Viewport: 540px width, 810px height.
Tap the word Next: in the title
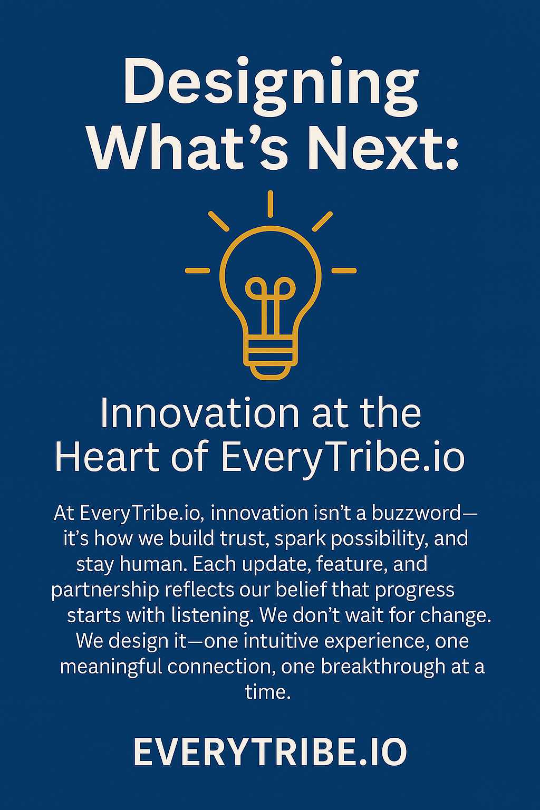click(383, 148)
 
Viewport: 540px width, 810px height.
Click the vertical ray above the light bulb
click(270, 204)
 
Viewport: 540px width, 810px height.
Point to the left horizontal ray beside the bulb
click(197, 271)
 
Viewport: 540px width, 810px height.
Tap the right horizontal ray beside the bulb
click(344, 271)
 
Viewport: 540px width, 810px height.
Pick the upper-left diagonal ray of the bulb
click(219, 221)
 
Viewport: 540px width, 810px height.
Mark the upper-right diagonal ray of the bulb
click(322, 221)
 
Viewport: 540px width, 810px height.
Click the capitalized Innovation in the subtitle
click(200, 413)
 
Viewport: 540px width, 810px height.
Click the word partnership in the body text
click(105, 591)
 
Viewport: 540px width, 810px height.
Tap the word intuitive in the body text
click(281, 641)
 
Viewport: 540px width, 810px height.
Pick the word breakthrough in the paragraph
click(383, 667)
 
